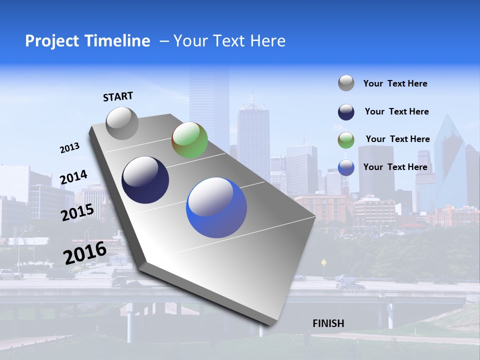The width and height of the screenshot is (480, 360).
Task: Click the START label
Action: pos(118,96)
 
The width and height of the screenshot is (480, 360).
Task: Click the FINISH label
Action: pos(328,323)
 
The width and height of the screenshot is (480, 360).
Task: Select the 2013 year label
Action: pos(69,148)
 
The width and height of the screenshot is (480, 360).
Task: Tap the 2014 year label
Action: pos(73,177)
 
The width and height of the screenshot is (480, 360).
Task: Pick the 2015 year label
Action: pos(77,212)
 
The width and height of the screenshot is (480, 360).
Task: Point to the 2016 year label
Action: pos(85,252)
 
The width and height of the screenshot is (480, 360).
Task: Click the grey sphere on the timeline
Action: pos(122,123)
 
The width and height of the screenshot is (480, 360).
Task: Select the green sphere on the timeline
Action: pos(189,140)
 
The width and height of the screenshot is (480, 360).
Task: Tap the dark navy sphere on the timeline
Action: pos(145,180)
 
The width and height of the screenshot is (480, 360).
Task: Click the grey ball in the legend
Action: pos(346,83)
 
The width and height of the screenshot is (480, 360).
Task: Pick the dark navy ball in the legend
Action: pos(346,112)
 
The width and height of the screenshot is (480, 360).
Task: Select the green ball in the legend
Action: pos(346,139)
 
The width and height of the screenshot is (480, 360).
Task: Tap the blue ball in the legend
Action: pos(346,167)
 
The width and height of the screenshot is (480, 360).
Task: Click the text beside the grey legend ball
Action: pos(395,83)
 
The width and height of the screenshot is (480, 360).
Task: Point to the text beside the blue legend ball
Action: pos(395,167)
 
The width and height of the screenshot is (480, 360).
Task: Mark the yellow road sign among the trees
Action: pos(323,261)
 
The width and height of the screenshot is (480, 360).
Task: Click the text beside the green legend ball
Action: pos(397,139)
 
